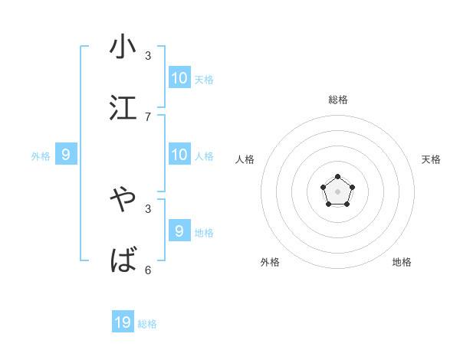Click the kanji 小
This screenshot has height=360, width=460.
coord(123,47)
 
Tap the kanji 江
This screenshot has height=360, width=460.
coord(123,108)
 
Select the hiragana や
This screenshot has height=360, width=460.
coord(123,200)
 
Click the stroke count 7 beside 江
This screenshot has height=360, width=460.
coord(148,117)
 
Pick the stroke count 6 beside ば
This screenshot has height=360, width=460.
coord(148,270)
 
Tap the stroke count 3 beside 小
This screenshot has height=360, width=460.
coord(148,56)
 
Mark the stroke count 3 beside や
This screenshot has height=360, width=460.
coord(148,208)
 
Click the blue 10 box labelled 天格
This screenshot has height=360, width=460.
coord(179,77)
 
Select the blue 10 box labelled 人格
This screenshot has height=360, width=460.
coord(179,155)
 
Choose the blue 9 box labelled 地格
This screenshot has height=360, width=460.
coord(179,231)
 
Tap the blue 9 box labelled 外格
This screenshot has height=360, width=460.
coord(66,155)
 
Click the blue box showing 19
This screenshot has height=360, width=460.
coord(123,322)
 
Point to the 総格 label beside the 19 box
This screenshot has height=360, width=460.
coord(147,324)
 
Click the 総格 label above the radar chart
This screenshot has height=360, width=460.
coord(338,100)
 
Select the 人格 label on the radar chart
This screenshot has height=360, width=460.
coord(245,159)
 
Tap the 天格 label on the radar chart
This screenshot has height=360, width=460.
coord(431,159)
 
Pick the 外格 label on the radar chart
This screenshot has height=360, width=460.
coord(270,262)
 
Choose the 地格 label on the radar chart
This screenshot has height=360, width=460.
coord(402,262)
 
